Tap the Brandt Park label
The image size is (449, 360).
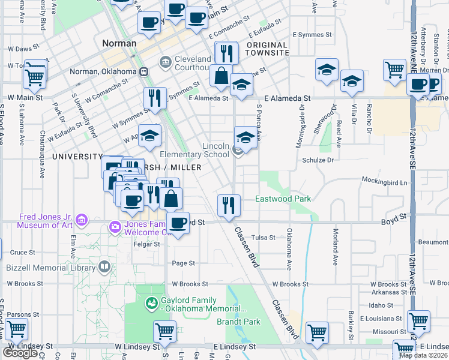click(238, 322)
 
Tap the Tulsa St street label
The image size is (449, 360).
click(264, 237)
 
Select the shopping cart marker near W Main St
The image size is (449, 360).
click(35, 76)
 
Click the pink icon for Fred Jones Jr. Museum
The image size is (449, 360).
click(82, 221)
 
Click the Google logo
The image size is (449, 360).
click(20, 353)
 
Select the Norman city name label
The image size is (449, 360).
click(119, 43)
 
